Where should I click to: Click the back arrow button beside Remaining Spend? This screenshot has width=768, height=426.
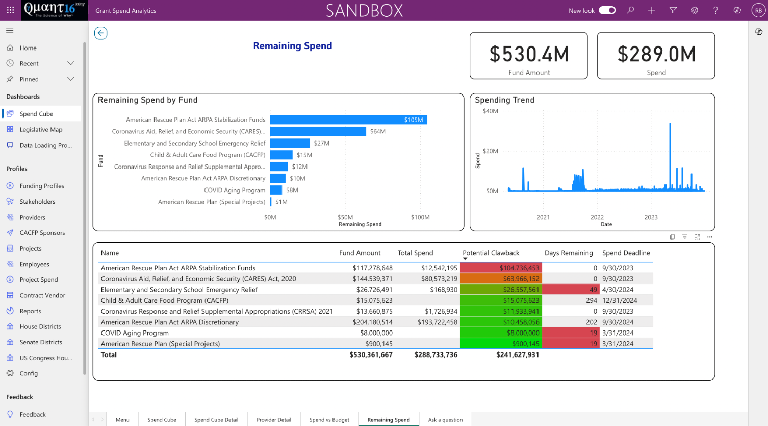100,33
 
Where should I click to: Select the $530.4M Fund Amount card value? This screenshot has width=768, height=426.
529,54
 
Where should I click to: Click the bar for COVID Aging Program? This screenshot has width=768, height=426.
276,190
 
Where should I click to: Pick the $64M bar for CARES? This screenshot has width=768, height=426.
318,131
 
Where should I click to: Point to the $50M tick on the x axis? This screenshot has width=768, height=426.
345,217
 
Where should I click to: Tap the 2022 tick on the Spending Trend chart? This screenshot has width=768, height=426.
597,217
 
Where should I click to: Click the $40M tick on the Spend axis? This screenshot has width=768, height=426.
490,111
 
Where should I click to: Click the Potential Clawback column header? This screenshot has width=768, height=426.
491,253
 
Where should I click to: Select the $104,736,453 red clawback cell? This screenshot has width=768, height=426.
501,268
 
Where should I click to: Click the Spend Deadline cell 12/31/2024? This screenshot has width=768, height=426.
620,300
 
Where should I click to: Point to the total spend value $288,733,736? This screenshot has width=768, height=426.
436,354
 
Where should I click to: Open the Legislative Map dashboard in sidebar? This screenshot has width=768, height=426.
41,130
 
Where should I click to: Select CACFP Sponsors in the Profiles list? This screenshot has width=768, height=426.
42,232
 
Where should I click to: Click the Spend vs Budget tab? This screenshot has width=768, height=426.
329,419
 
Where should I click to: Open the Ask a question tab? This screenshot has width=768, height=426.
445,419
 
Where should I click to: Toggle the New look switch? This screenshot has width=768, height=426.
607,10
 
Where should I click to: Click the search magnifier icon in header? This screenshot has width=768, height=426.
630,10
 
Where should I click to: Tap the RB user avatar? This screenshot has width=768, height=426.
758,10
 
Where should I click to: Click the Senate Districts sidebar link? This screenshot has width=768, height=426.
40,342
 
